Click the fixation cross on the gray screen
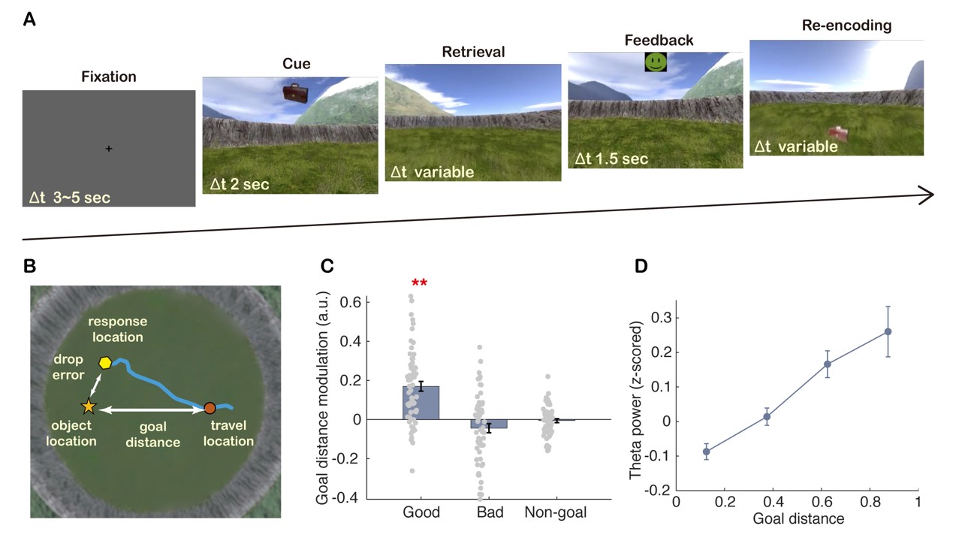click(109, 150)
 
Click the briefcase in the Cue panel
click(296, 93)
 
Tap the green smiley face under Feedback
click(656, 62)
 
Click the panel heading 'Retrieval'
click(473, 53)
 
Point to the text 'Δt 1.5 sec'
click(611, 159)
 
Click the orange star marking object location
click(89, 406)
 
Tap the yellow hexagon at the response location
click(105, 363)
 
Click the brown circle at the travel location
click(210, 409)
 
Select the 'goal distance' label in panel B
click(152, 434)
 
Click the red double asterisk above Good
click(420, 283)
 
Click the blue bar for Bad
click(489, 424)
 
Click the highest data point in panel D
click(888, 331)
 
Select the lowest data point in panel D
click(706, 452)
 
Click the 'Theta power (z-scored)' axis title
click(636, 397)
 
